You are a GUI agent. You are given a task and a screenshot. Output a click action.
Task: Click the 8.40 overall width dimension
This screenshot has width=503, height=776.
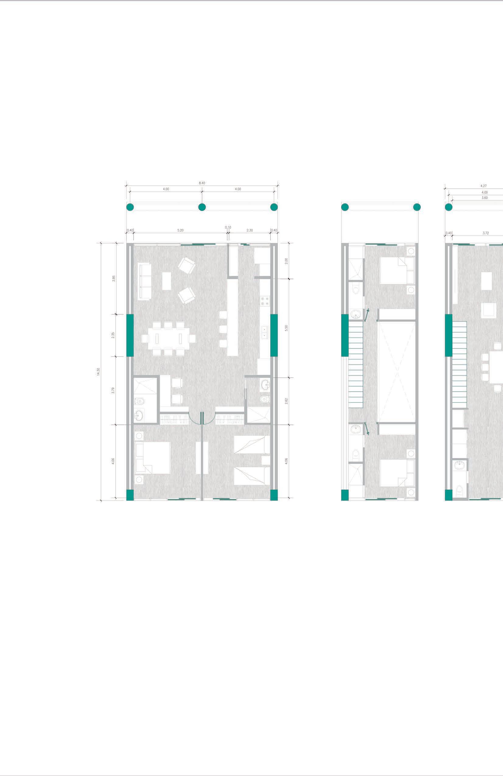(x=202, y=183)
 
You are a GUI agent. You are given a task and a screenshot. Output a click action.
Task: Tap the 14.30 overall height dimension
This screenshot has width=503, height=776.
(x=98, y=371)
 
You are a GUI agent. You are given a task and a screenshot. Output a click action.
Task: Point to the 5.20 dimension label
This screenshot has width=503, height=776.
(x=180, y=230)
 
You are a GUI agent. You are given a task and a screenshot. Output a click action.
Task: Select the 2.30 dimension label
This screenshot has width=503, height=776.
(x=250, y=230)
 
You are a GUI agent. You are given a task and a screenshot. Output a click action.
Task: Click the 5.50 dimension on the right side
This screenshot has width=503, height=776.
(x=287, y=328)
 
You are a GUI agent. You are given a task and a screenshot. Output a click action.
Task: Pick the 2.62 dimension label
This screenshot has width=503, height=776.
(x=287, y=401)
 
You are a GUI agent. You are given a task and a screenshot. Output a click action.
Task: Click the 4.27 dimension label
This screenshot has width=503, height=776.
(x=484, y=186)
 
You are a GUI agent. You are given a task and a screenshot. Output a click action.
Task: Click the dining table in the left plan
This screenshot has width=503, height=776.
(x=169, y=339)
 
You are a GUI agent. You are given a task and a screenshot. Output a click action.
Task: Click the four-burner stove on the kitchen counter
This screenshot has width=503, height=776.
(x=264, y=300)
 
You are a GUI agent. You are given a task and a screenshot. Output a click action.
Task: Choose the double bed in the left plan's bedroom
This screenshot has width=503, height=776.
(x=152, y=458)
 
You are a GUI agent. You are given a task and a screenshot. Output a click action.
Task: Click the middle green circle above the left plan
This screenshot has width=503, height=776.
(x=202, y=207)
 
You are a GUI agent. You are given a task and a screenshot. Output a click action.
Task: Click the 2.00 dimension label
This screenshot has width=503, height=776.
(x=287, y=261)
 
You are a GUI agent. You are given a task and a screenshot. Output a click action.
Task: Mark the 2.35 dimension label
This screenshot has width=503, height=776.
(x=114, y=335)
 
